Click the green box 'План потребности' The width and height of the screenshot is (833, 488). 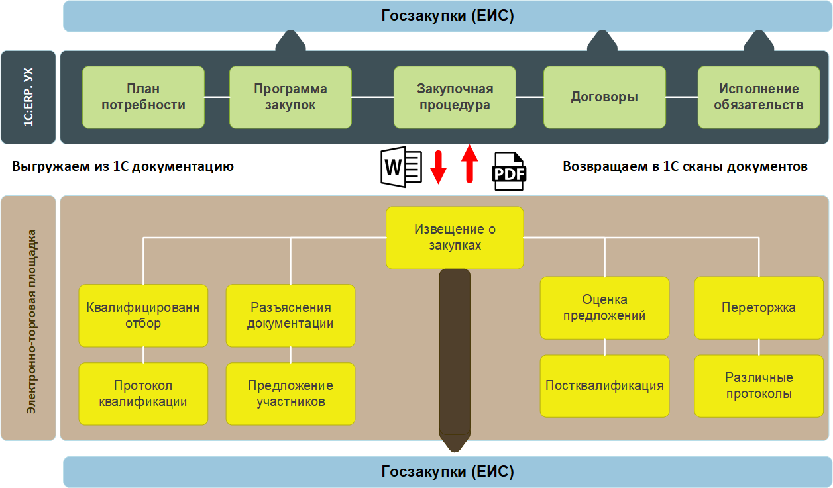pos(144,97)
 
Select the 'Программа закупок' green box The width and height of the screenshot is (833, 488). pos(290,97)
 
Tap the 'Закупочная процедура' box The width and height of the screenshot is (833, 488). pos(455,97)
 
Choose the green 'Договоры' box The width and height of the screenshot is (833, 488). pos(604,97)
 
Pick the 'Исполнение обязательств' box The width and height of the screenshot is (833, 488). pos(759,97)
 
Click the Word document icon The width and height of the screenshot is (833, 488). pos(401,168)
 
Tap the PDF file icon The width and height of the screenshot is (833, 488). pos(508,171)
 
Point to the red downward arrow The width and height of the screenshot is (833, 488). pos(438,168)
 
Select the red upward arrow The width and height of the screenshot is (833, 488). pos(469,164)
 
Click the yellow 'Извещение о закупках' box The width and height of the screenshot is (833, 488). pos(455,238)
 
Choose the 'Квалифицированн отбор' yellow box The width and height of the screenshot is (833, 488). pos(143,316)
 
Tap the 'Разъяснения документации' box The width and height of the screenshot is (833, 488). pos(290,316)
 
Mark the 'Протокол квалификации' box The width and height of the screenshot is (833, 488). pos(143,393)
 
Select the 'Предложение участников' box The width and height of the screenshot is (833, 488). pos(290,393)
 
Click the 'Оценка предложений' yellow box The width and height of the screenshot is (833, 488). pos(604,308)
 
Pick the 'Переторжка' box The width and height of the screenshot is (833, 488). pos(759,308)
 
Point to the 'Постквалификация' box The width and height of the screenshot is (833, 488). pos(604,386)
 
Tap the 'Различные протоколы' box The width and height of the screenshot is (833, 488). pos(759,386)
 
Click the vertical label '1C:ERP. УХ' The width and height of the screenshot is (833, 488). pos(28,97)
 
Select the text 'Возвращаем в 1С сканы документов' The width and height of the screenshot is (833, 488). pos(685,166)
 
